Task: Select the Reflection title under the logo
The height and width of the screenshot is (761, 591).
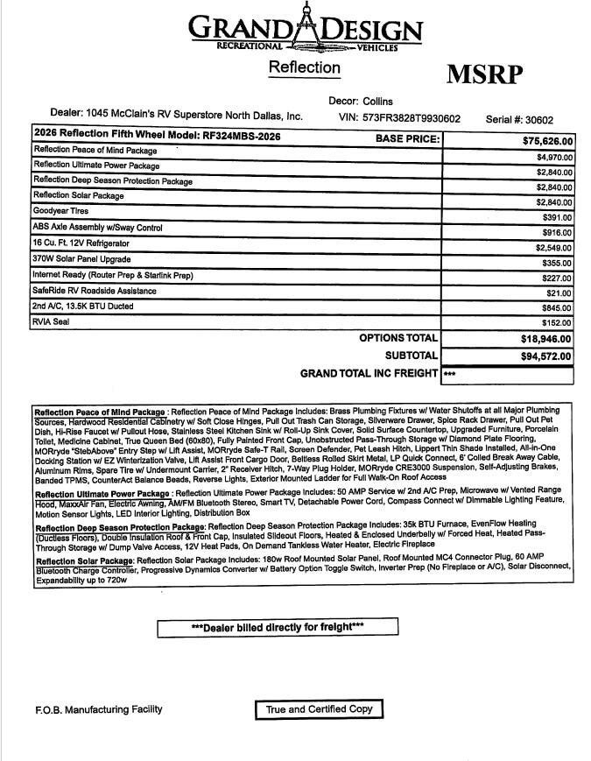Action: (304, 67)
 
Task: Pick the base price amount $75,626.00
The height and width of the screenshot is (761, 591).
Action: (548, 141)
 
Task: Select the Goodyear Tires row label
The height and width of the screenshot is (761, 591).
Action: (60, 211)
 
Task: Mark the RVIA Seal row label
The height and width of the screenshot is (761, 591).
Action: (52, 321)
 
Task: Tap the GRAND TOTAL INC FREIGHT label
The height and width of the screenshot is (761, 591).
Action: (369, 374)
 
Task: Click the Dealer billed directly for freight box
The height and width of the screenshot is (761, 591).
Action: (277, 627)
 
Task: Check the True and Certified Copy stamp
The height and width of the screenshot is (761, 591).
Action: (320, 709)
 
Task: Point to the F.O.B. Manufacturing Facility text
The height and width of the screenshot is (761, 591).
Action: (92, 709)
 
